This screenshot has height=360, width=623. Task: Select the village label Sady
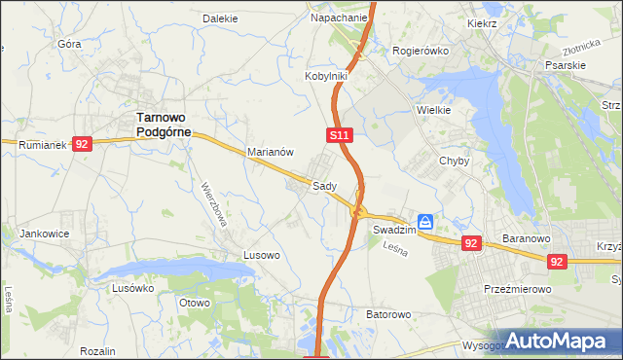(324, 185)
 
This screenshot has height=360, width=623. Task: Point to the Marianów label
(271, 152)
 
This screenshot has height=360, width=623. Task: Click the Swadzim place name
(394, 230)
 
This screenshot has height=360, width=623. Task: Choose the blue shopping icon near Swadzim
(425, 222)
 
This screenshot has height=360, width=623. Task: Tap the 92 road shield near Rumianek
(82, 144)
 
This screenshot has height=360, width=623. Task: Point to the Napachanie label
(339, 18)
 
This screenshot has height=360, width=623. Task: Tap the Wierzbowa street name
(214, 203)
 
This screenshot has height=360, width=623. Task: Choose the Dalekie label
(220, 18)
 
